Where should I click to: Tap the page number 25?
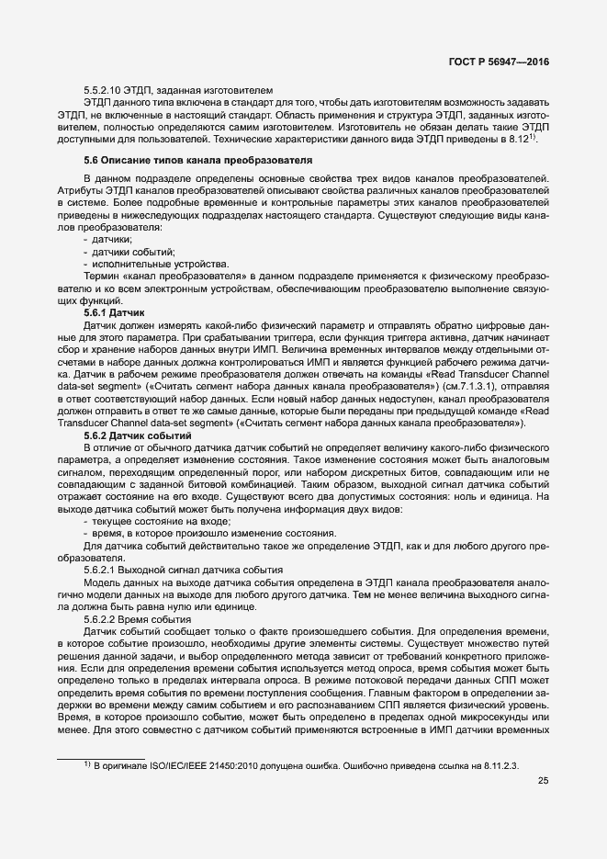point(544,782)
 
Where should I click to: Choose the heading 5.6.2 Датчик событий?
point(137,434)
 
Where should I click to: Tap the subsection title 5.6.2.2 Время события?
point(138,619)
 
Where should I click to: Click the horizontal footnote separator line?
point(101,756)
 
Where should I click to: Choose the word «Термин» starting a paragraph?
point(102,276)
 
